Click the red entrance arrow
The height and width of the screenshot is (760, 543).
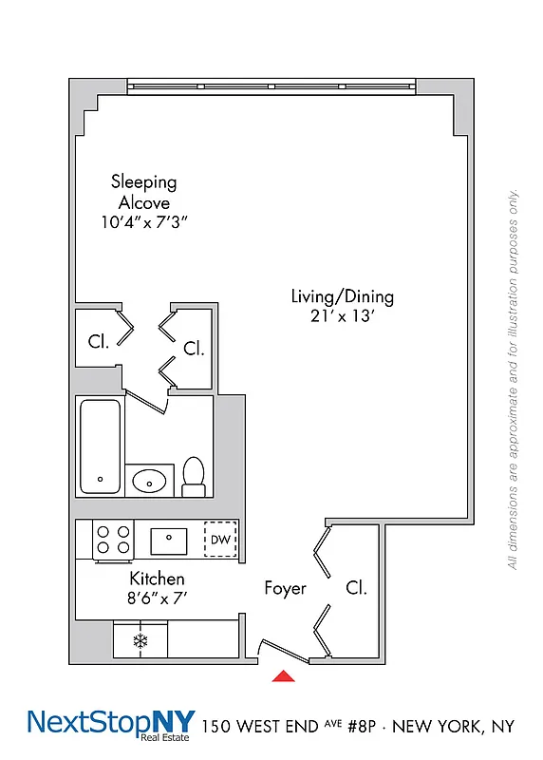tap(283, 676)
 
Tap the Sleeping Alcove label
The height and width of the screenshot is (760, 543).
tap(143, 192)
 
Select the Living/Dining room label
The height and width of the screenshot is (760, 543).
tap(342, 296)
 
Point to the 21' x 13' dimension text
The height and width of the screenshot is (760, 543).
tap(342, 318)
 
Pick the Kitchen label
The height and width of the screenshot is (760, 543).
tap(157, 579)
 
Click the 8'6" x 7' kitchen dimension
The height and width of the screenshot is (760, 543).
tap(157, 598)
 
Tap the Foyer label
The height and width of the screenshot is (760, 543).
tap(285, 589)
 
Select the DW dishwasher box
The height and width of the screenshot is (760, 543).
tap(220, 541)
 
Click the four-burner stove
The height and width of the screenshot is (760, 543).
tap(113, 539)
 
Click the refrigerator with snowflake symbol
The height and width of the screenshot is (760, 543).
tap(140, 640)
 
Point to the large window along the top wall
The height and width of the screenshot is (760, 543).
tap(272, 86)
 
